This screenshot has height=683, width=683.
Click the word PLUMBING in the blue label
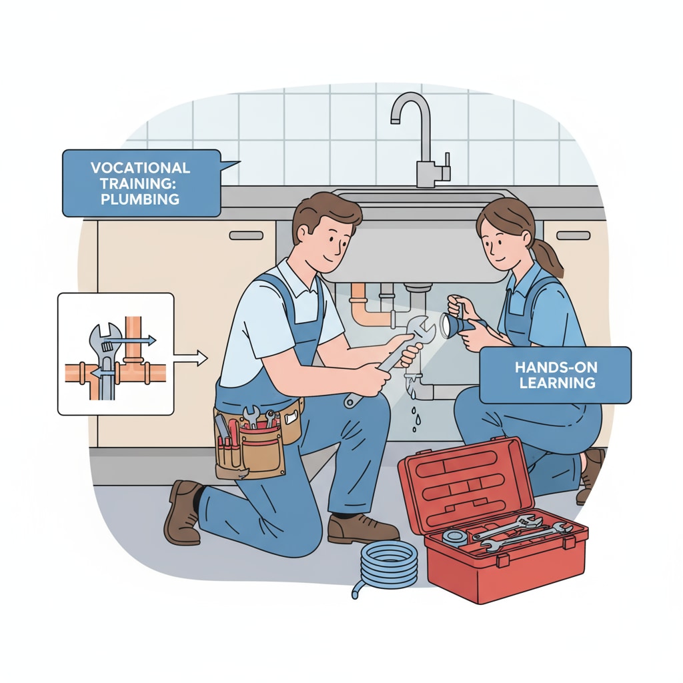(140, 199)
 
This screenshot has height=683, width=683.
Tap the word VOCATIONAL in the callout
(140, 167)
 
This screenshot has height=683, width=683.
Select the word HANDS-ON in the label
(556, 368)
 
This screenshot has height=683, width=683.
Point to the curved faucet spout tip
(395, 119)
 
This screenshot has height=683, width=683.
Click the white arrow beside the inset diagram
(191, 358)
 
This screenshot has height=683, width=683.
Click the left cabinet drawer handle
(246, 235)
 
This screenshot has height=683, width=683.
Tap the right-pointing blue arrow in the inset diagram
(131, 340)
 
